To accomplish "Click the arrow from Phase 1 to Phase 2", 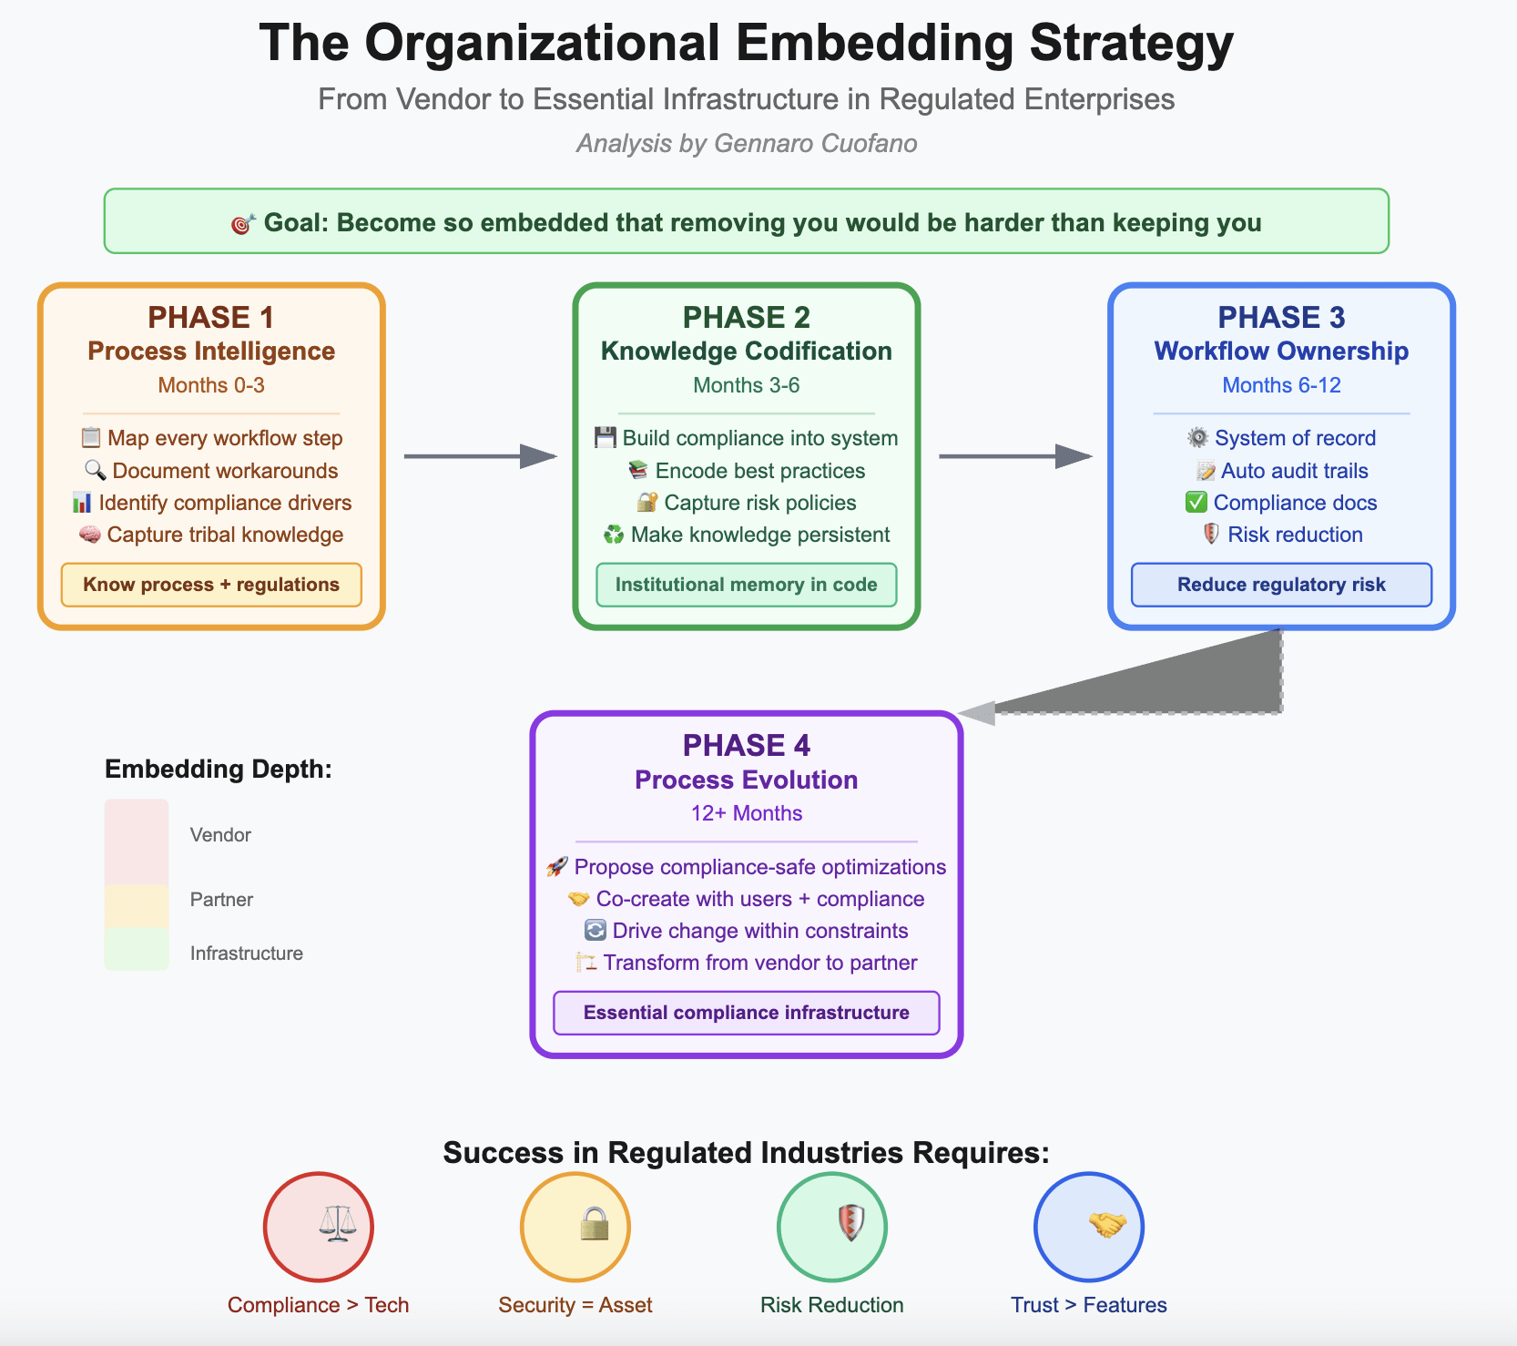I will pyautogui.click(x=480, y=456).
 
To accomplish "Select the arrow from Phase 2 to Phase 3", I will pyautogui.click(x=1015, y=456).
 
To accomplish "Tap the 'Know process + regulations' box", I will pyautogui.click(x=211, y=585).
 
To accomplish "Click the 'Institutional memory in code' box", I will pyautogui.click(x=746, y=585).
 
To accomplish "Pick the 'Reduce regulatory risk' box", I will pyautogui.click(x=1281, y=585).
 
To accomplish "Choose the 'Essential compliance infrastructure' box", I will pyautogui.click(x=746, y=1013).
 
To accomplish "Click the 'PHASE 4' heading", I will pyautogui.click(x=746, y=746).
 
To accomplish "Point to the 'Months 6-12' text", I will pyautogui.click(x=1281, y=385).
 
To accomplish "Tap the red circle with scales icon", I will pyautogui.click(x=319, y=1226).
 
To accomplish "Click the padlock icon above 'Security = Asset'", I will pyautogui.click(x=594, y=1224).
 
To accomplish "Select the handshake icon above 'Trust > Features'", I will pyautogui.click(x=1107, y=1224).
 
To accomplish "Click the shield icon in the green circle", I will pyautogui.click(x=850, y=1223).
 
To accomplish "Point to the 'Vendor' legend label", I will pyautogui.click(x=220, y=835).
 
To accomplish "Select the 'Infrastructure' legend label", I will pyautogui.click(x=246, y=953).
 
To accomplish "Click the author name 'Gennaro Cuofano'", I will pyautogui.click(x=815, y=144).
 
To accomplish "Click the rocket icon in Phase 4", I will pyautogui.click(x=557, y=867).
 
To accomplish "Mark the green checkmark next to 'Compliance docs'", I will pyautogui.click(x=1196, y=503).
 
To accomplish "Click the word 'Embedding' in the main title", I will pyautogui.click(x=874, y=43).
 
